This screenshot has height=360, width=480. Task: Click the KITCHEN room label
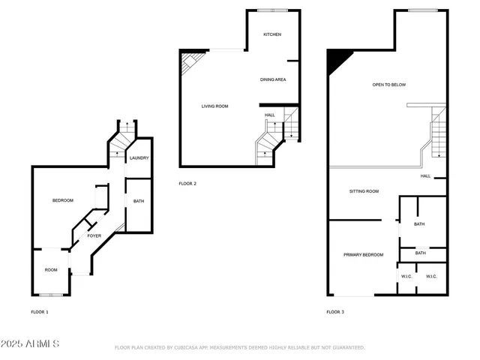click(271, 35)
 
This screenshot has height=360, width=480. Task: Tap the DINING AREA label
click(273, 79)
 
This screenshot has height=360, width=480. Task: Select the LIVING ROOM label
click(214, 106)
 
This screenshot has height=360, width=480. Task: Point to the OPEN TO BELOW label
click(389, 85)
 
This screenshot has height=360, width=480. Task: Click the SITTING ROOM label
click(364, 191)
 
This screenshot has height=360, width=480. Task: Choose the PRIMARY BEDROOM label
click(363, 255)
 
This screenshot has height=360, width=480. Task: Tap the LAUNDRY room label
click(139, 158)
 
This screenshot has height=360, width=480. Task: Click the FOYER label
click(94, 236)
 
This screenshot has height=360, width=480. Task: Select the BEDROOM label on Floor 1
click(62, 200)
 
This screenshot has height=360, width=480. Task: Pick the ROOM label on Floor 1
click(51, 270)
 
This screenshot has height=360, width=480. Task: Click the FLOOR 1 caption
click(39, 312)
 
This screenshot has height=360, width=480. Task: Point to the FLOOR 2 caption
click(187, 183)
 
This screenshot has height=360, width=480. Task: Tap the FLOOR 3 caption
click(335, 312)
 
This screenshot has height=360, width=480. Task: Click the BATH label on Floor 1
click(139, 201)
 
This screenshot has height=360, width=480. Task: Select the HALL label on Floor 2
click(270, 115)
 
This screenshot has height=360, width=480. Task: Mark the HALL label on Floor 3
click(425, 176)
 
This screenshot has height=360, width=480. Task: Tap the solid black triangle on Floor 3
click(337, 59)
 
